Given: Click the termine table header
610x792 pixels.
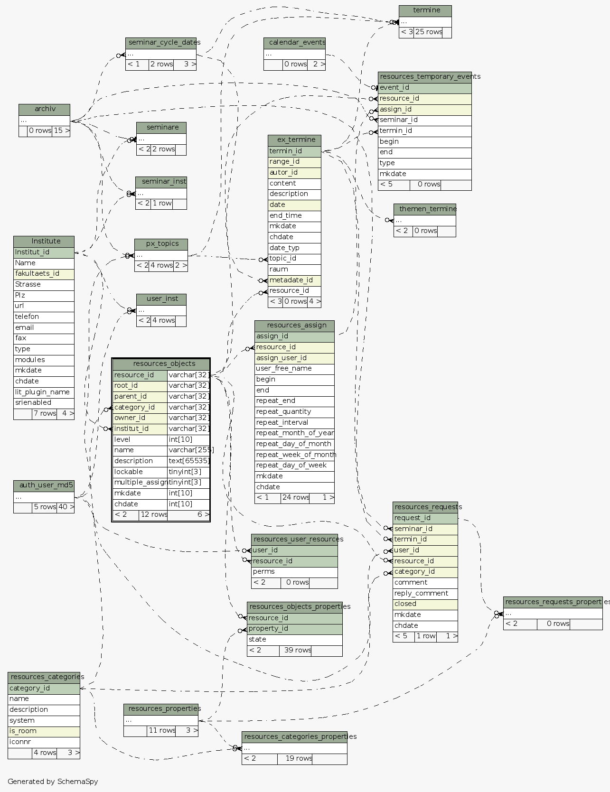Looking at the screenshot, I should point(425,10).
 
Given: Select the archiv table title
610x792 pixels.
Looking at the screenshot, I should point(44,109).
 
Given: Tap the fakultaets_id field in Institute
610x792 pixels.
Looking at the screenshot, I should point(44,274).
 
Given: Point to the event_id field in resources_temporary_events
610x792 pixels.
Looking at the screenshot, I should point(424,88).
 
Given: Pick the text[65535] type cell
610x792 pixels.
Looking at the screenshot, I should point(188,461).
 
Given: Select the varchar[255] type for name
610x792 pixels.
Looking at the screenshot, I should point(189,450).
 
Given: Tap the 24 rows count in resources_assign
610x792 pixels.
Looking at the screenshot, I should point(295,498).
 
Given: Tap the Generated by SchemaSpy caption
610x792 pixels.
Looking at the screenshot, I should point(53,782).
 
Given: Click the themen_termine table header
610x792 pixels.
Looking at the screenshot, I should point(424,209).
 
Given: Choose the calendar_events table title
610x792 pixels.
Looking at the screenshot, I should point(294,43).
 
